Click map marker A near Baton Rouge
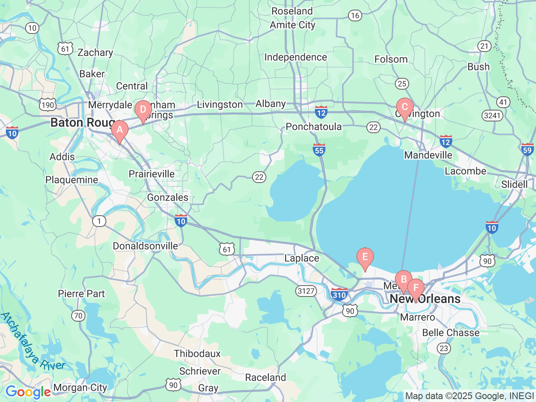[119, 130]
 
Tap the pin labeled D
[143, 110]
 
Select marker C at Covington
[405, 107]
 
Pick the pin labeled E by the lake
[365, 257]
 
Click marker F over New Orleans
[416, 288]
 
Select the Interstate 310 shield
[339, 294]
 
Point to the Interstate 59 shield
[527, 149]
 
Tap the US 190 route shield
[48, 105]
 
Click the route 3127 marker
[306, 291]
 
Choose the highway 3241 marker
[492, 115]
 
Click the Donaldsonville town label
[145, 246]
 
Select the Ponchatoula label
[314, 126]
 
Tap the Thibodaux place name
[197, 353]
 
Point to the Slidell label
[514, 184]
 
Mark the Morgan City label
[80, 388]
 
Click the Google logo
[28, 392]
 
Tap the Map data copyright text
[469, 396]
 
